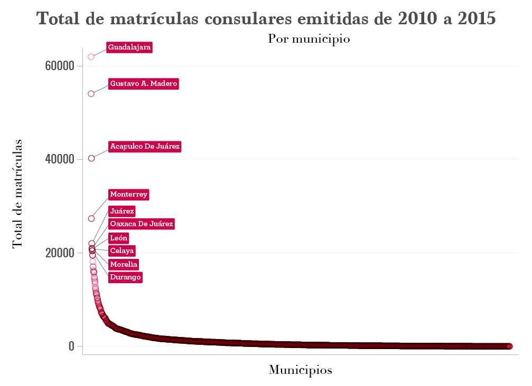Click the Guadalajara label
coord(129,47)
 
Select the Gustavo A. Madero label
coord(144,84)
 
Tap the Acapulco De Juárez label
coord(145,147)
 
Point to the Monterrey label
coord(128,195)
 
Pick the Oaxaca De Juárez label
coord(141,224)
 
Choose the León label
coord(119,238)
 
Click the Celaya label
coord(122,250)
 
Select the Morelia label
coord(124,264)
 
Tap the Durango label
coord(125,277)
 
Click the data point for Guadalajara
coord(91,56)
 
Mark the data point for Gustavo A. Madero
coord(91,93)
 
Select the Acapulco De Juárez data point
coord(91,158)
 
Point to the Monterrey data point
coord(91,218)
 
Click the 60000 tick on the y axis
coord(59,66)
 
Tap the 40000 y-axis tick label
coord(59,159)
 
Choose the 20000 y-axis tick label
coord(59,253)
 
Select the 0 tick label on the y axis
coord(71,346)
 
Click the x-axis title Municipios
coord(300,370)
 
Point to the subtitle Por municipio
coord(309,39)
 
